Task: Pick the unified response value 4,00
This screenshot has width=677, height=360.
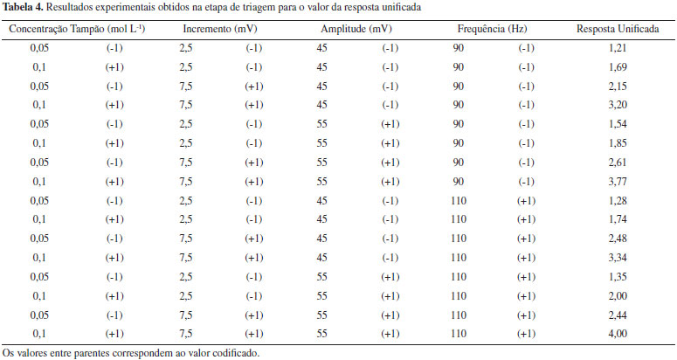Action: (x=618, y=334)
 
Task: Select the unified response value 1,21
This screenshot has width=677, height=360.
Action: (x=618, y=48)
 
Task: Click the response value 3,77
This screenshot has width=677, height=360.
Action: (x=618, y=181)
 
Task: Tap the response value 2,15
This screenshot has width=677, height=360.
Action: (x=618, y=86)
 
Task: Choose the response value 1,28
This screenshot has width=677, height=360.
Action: (x=618, y=201)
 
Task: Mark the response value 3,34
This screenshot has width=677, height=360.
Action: (x=618, y=258)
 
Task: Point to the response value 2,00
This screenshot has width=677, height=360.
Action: (x=618, y=296)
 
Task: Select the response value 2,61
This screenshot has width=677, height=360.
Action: (x=618, y=163)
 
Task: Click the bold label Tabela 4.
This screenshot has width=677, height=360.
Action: (x=26, y=7)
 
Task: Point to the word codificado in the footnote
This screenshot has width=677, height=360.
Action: (x=233, y=353)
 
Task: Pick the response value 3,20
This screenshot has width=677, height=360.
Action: (x=618, y=105)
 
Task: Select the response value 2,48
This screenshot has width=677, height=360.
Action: (x=618, y=239)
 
